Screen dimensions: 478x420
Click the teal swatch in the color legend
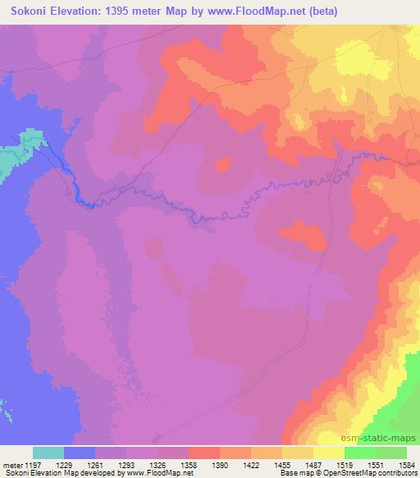48,453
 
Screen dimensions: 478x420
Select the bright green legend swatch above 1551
359,453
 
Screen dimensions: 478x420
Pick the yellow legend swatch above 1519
328,453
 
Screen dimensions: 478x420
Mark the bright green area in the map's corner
411,386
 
